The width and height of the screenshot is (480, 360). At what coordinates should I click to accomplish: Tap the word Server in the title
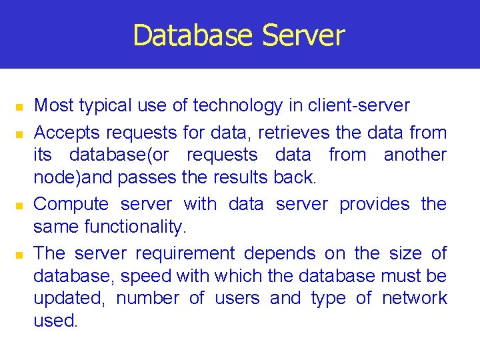tap(303, 35)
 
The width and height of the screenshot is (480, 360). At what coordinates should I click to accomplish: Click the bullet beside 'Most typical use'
tap(20, 107)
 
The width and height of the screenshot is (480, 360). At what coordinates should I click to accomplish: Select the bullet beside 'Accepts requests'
tap(20, 135)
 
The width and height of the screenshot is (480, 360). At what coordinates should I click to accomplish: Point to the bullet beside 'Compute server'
tap(20, 205)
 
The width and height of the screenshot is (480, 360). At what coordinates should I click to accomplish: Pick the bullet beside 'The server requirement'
tap(20, 255)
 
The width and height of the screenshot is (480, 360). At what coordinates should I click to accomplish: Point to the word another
tap(415, 155)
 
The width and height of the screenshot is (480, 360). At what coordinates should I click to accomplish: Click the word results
tap(241, 177)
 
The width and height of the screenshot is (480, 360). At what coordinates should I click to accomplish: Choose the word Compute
tap(71, 205)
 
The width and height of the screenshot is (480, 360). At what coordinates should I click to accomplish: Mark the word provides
tap(374, 204)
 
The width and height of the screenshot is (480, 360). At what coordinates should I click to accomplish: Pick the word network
tap(414, 298)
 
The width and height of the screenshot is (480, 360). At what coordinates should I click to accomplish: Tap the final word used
tap(55, 321)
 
